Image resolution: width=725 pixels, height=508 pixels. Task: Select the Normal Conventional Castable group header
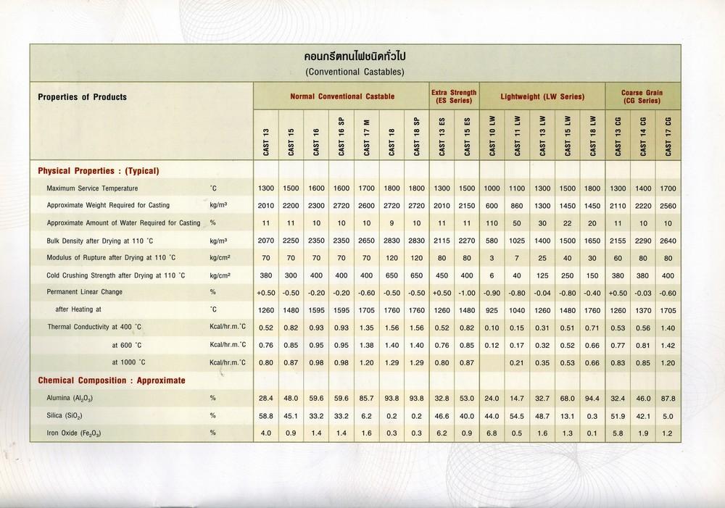pyautogui.click(x=342, y=96)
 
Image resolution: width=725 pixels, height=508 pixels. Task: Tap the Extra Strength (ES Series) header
pyautogui.click(x=454, y=96)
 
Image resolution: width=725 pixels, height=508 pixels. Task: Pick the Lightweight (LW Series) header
pyautogui.click(x=542, y=96)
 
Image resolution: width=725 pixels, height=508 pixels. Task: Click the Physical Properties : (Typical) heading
pyautogui.click(x=98, y=171)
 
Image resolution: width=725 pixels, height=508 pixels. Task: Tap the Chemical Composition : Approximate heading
pyautogui.click(x=111, y=380)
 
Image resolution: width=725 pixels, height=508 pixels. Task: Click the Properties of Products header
pyautogui.click(x=82, y=97)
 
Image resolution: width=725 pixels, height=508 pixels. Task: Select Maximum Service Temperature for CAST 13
pyautogui.click(x=266, y=188)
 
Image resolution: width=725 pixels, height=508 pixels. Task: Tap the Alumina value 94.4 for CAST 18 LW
pyautogui.click(x=592, y=398)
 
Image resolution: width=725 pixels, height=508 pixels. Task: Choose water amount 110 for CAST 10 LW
pyautogui.click(x=492, y=222)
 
